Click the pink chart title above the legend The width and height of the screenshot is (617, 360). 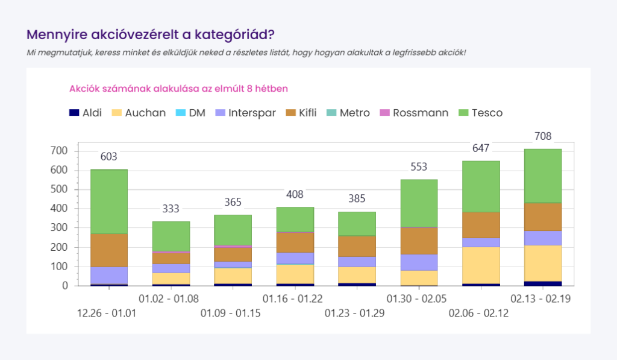coord(178,89)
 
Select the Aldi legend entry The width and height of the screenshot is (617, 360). coord(89,113)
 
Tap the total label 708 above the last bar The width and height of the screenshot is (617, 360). coord(542,136)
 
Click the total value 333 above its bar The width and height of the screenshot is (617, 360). coord(171,209)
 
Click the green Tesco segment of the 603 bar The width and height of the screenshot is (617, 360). coord(109,201)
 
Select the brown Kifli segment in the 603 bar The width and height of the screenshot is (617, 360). coord(109,250)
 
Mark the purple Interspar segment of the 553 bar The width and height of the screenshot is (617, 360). coord(419,262)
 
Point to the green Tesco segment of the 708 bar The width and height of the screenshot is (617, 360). coord(543,175)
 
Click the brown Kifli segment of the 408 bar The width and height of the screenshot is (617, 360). coord(295,242)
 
